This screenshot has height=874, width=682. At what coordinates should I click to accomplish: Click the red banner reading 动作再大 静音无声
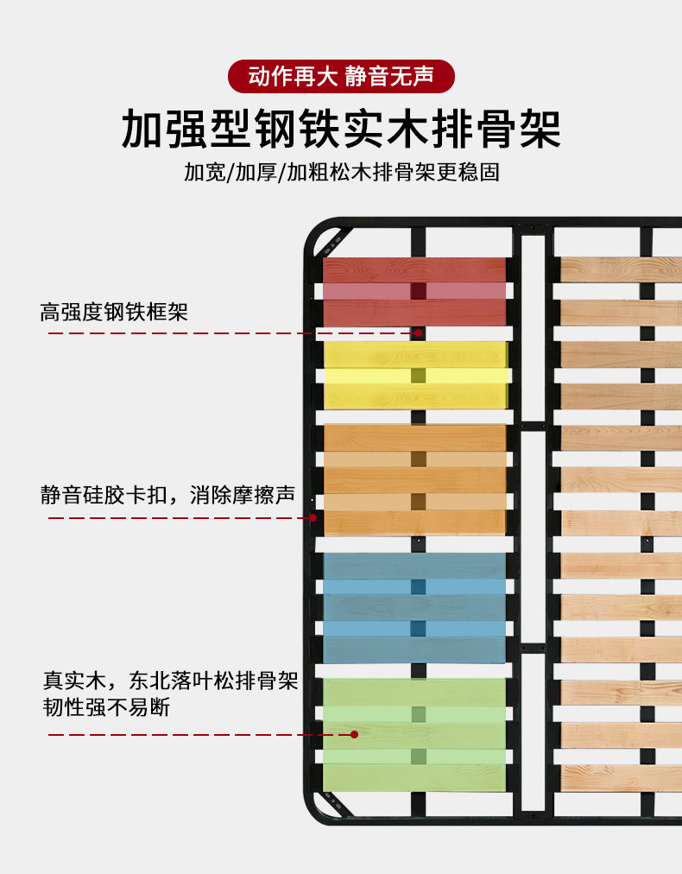point(341,76)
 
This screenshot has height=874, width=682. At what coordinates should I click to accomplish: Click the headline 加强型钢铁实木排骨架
point(341,130)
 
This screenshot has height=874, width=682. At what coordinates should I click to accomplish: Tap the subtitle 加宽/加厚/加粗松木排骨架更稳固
point(341,173)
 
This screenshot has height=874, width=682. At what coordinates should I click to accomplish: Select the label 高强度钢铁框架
point(114,312)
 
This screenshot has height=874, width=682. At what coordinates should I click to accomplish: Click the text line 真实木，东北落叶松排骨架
point(171,680)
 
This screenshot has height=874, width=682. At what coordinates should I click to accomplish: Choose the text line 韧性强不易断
point(107,707)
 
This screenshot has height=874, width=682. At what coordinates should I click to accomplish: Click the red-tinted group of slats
point(414,291)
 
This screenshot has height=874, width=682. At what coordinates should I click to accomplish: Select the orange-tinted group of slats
point(414,479)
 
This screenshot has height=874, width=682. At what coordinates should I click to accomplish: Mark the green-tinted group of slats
point(414,734)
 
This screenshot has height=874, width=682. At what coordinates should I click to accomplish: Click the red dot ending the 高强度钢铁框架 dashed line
point(419,332)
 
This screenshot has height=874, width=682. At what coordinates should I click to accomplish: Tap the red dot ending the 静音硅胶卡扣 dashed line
point(313,518)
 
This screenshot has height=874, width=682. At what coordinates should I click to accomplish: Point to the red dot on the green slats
point(354,735)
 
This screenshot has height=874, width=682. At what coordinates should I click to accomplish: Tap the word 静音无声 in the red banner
point(388,76)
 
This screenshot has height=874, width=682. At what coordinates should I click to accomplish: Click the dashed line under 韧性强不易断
point(199,735)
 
